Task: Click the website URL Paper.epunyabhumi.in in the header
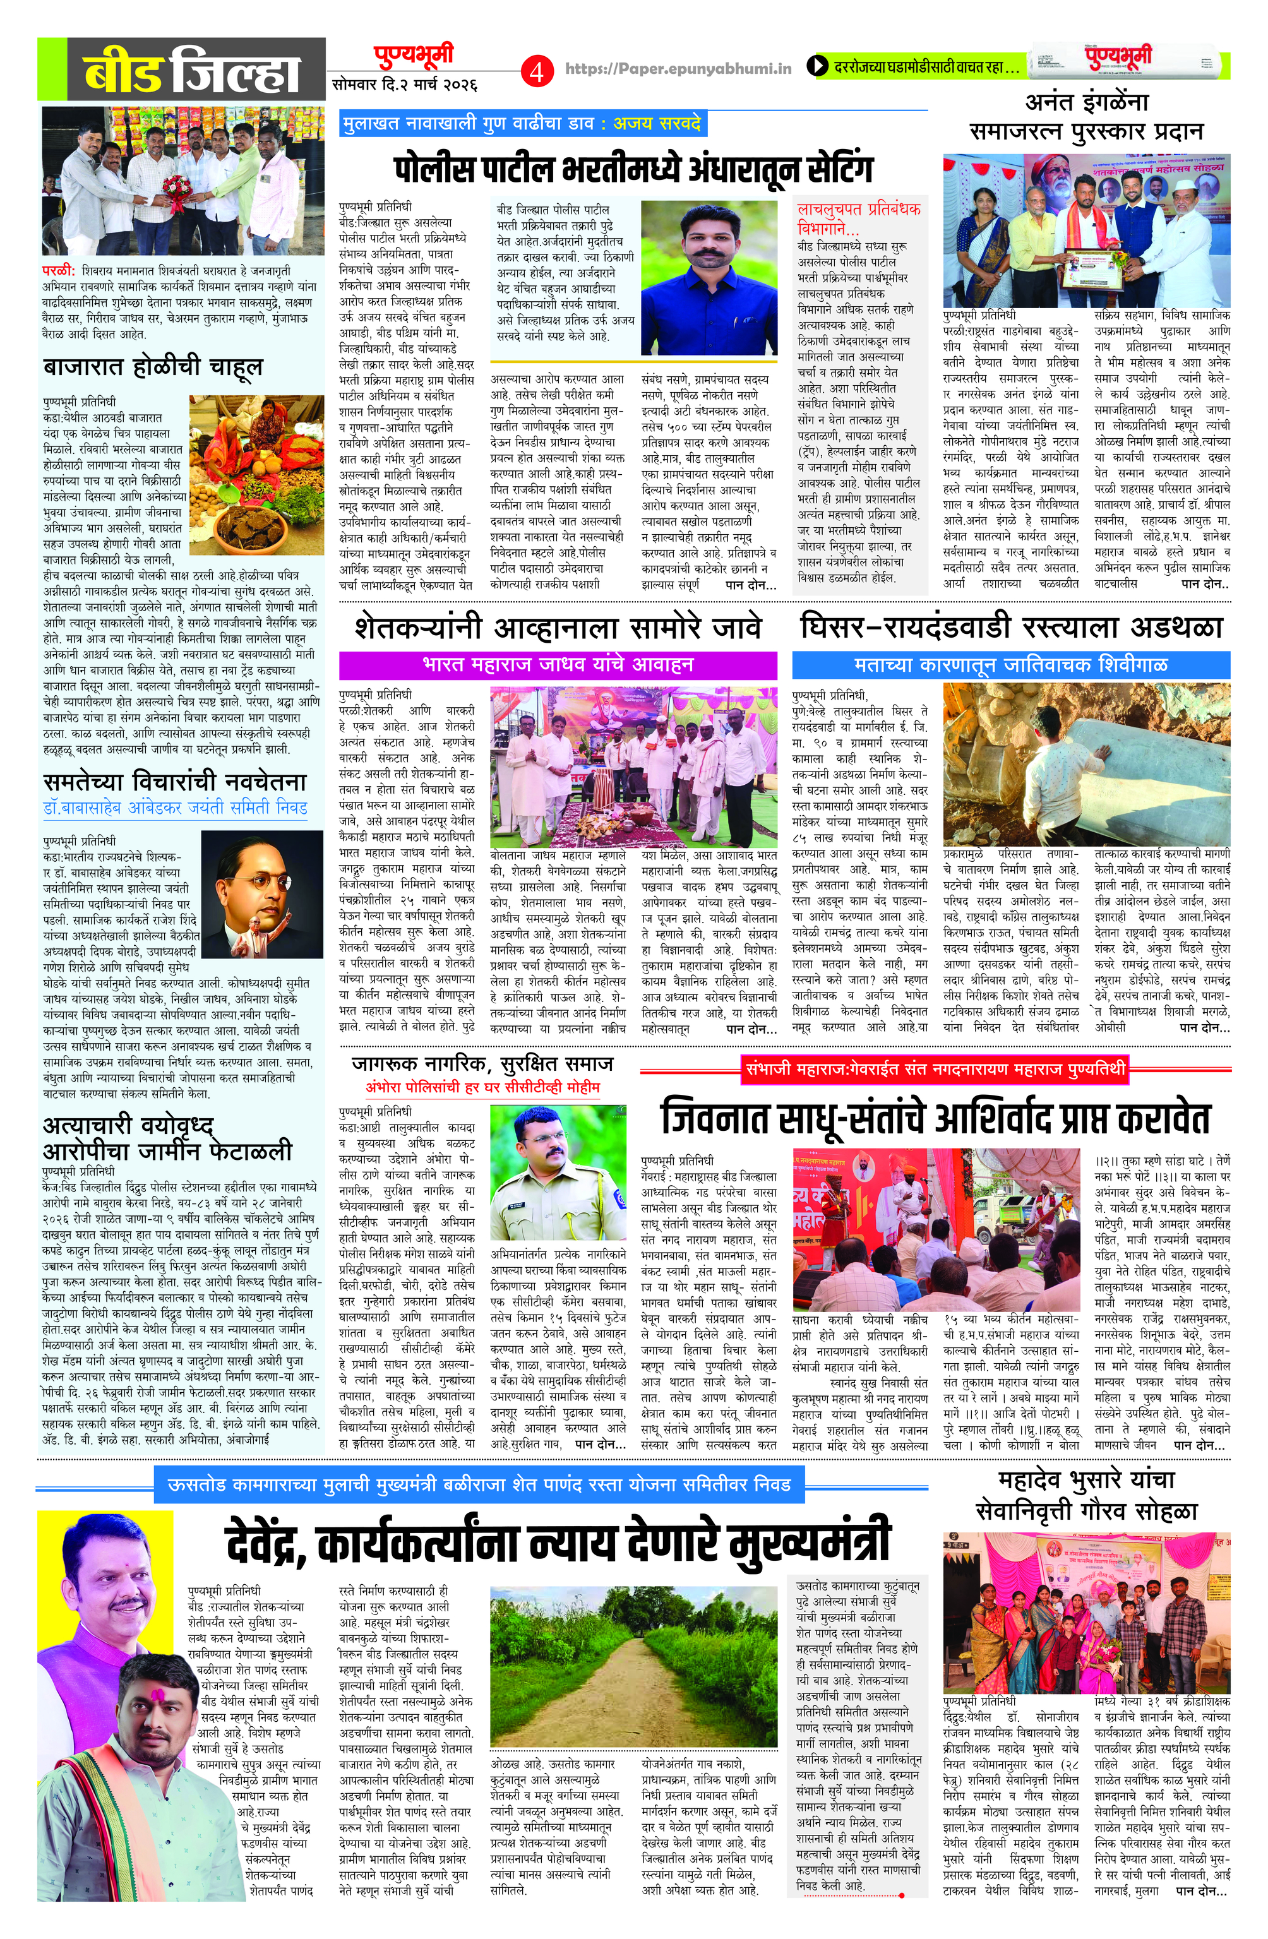pos(678,69)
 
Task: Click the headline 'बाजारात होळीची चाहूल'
pos(153,367)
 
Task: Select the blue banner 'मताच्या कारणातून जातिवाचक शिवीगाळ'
pos(1010,665)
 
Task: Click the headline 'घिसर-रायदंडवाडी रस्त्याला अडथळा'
pos(1011,628)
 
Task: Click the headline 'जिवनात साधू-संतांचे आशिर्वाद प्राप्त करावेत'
pos(935,1119)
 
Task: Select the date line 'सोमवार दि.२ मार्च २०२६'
pos(405,84)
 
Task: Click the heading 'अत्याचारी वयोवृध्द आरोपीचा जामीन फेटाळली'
pos(167,1140)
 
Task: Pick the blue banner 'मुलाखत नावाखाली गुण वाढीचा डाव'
pos(522,124)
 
